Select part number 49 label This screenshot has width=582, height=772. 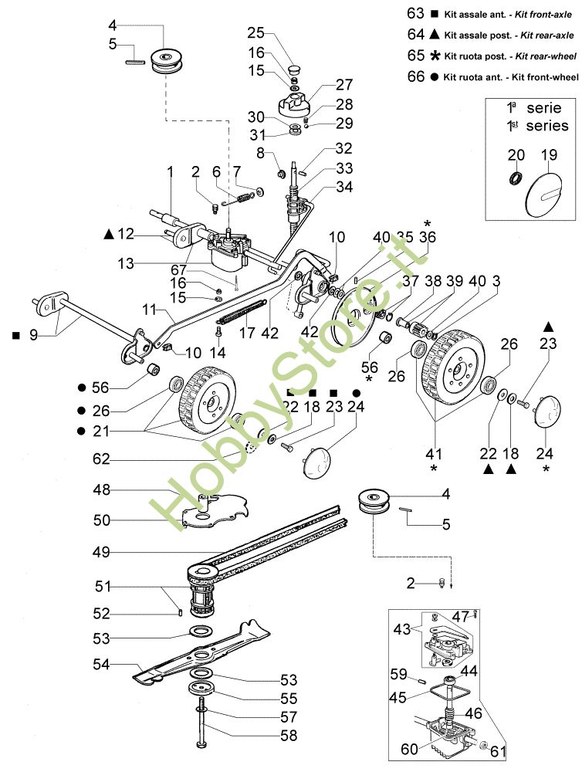[101, 553]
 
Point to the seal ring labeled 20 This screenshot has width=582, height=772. [516, 178]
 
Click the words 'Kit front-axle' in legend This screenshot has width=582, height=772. [543, 15]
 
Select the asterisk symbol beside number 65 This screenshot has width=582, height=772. [435, 56]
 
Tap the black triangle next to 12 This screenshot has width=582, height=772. [109, 234]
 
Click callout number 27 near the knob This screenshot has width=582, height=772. [345, 84]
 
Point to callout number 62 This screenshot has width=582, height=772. [101, 459]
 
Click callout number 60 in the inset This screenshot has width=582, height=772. [409, 749]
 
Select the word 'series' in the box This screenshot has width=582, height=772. [547, 126]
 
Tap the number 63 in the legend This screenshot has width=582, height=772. [416, 13]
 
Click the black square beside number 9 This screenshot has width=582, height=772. [15, 336]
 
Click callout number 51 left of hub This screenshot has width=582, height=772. [103, 587]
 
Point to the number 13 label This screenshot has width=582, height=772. [126, 263]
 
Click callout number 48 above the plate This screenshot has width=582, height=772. [102, 490]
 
